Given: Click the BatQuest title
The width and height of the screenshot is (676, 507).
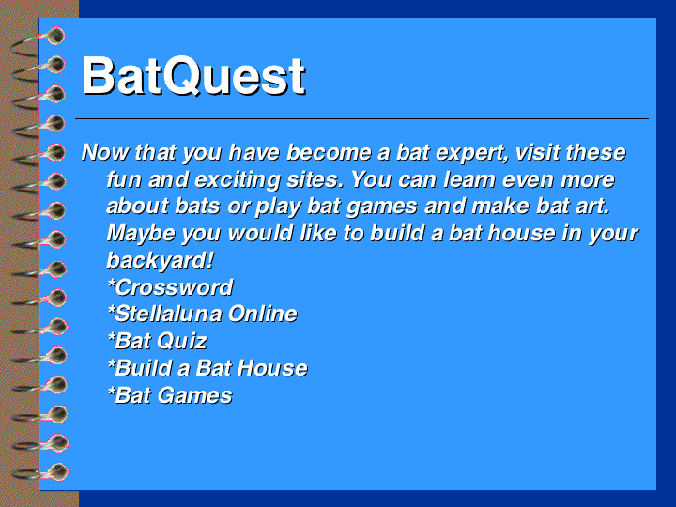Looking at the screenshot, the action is (x=193, y=76).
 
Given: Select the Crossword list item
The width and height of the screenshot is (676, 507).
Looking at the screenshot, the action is (x=170, y=287).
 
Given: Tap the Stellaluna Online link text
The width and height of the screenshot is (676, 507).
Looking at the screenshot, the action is (x=202, y=314).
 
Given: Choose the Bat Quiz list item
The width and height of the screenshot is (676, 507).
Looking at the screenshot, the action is (x=158, y=341).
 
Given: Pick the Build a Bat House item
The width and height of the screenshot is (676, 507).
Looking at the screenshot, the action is (x=207, y=368).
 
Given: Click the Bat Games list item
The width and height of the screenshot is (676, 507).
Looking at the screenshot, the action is (x=170, y=395).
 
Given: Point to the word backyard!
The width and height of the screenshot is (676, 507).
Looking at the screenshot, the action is (x=160, y=260).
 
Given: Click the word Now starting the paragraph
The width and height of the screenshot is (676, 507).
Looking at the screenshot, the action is (x=105, y=152).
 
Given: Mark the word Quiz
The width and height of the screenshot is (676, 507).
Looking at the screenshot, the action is (x=182, y=341).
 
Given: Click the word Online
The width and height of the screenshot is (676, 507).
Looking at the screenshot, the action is (x=263, y=314).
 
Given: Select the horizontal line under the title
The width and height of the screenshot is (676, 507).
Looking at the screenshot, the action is (x=361, y=118).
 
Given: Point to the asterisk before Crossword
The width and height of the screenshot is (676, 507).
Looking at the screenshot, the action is (x=111, y=284).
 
